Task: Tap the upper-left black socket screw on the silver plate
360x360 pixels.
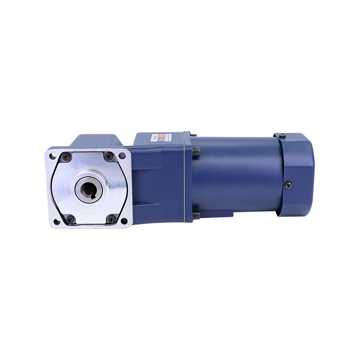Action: pyautogui.click(x=67, y=157)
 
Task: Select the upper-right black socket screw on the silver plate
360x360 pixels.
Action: pyautogui.click(x=109, y=156)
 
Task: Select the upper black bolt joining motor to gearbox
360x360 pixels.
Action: pyautogui.click(x=196, y=152)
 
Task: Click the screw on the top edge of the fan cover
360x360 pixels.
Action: pyautogui.click(x=282, y=136)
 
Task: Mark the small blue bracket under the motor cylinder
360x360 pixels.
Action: pyautogui.click(x=225, y=216)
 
